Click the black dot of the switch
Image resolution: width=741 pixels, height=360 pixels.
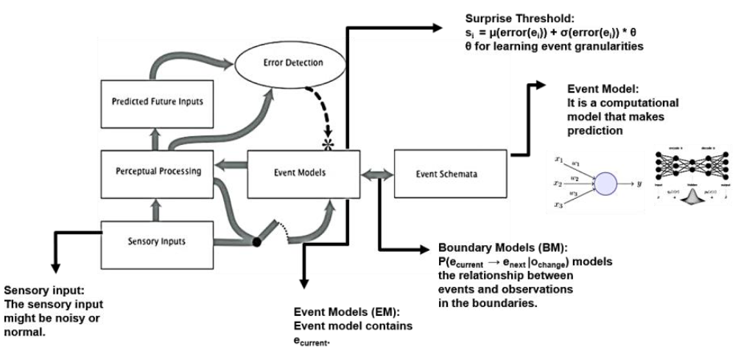[256, 241]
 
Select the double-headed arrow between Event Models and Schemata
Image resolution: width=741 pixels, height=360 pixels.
[376, 174]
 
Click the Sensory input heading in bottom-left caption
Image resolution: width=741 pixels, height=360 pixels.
[40, 292]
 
